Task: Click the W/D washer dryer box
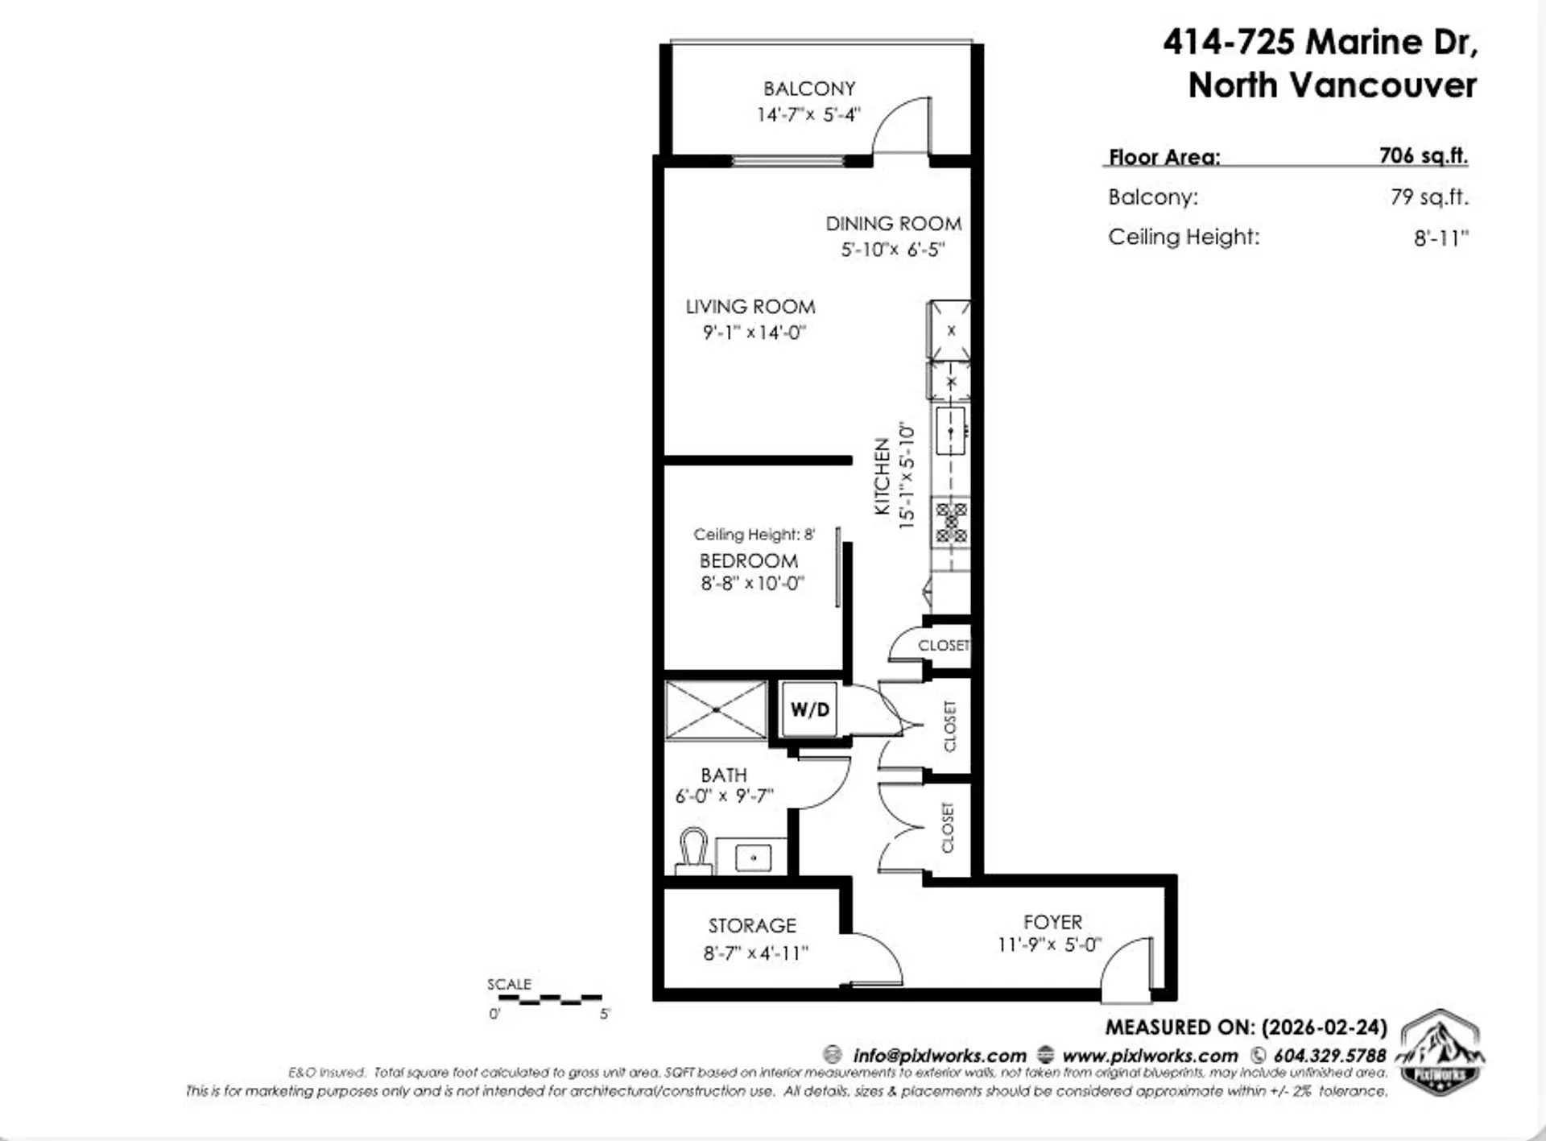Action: pyautogui.click(x=809, y=709)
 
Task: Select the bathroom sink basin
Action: pyautogui.click(x=754, y=858)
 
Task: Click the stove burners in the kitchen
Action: pyautogui.click(x=951, y=523)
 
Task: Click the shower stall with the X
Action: pyautogui.click(x=716, y=710)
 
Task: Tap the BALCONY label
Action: pyautogui.click(x=809, y=89)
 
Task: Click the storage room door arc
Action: pyautogui.click(x=878, y=958)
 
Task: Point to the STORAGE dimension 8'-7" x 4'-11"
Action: pyautogui.click(x=755, y=953)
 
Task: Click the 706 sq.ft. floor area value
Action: pyautogui.click(x=1423, y=155)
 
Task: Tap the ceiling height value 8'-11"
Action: pyautogui.click(x=1441, y=238)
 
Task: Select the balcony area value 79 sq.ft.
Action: pyautogui.click(x=1428, y=197)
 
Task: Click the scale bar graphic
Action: pyautogui.click(x=550, y=999)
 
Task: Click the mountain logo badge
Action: pyautogui.click(x=1441, y=1052)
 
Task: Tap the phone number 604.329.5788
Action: pyautogui.click(x=1329, y=1055)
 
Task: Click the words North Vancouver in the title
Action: pyautogui.click(x=1332, y=85)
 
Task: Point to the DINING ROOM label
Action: pyautogui.click(x=893, y=224)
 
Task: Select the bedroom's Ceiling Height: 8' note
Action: pyautogui.click(x=754, y=535)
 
